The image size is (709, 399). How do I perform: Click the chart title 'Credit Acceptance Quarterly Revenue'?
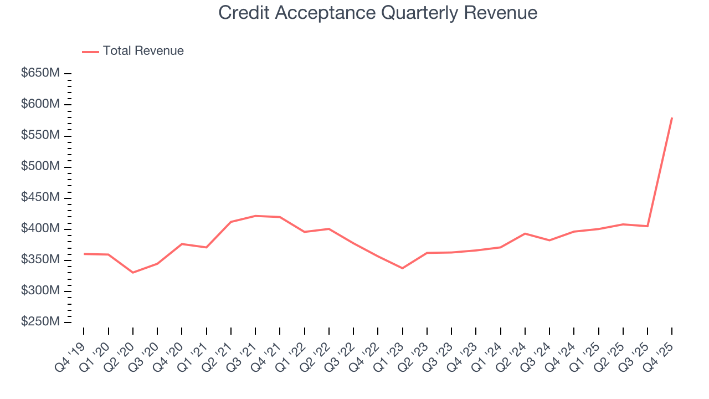coord(378,12)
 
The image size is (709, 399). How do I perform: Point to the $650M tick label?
coord(40,73)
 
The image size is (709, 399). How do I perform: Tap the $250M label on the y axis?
coord(40,322)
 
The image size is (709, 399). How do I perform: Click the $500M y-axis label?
coord(40,167)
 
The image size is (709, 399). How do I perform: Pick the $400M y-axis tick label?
coord(40,229)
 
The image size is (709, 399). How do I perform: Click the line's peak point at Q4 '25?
coord(672,118)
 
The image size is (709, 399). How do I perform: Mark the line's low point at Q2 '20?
coord(133,273)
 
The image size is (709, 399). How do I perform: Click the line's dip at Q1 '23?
coord(403,268)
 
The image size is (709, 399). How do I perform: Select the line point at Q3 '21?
coord(255,216)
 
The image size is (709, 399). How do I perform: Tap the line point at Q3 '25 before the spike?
coord(648,226)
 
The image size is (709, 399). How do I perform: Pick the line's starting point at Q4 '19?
coord(84,254)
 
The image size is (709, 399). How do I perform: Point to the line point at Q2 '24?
coord(525,234)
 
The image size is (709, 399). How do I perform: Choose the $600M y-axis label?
coord(40,104)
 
